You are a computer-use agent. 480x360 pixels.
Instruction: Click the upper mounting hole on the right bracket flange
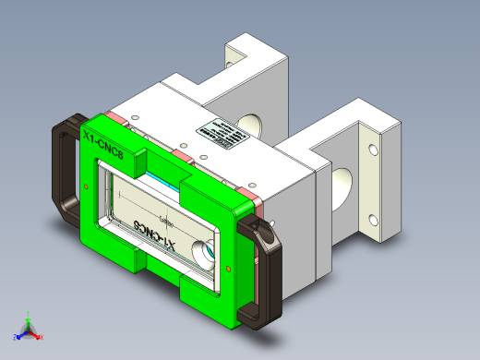pos(374,148)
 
